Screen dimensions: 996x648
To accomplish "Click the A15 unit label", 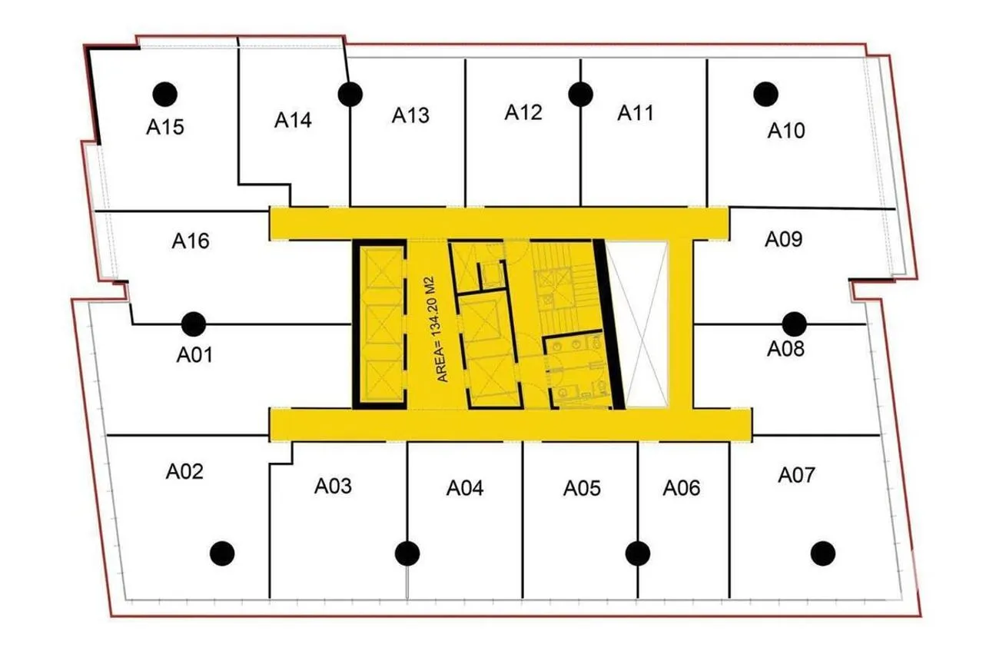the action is click(x=165, y=127).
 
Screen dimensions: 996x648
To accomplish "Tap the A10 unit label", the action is click(x=786, y=131).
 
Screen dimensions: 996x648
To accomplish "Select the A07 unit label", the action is click(x=796, y=476).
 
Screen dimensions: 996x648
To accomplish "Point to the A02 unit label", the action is click(x=184, y=472).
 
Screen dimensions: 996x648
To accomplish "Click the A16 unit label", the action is click(x=191, y=241).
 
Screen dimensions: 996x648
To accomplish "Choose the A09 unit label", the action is click(x=784, y=239).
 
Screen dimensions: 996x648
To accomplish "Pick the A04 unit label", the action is click(x=465, y=488).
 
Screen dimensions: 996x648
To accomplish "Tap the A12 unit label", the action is click(x=523, y=112).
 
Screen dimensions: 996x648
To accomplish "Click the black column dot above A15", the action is click(x=165, y=95).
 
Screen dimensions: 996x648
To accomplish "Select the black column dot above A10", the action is click(x=765, y=95).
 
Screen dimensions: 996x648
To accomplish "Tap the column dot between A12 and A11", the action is click(x=581, y=95).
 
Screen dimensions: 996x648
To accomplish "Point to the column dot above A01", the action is click(x=194, y=324).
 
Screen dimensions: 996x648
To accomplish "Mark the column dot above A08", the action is click(x=795, y=324).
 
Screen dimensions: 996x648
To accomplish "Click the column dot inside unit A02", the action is click(x=222, y=553).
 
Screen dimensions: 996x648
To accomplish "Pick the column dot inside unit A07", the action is click(x=823, y=553).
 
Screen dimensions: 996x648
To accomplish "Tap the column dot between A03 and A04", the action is click(x=407, y=553).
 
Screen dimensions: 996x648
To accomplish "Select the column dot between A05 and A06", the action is click(x=638, y=553).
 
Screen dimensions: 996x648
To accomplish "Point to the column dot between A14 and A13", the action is click(x=350, y=95).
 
